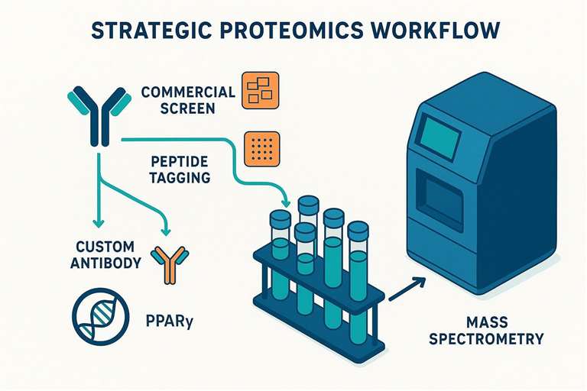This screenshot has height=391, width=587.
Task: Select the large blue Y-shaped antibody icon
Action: (x=99, y=115)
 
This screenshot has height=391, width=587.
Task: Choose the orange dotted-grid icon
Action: (x=258, y=149)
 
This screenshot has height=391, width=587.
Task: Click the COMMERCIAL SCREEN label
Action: (x=188, y=100)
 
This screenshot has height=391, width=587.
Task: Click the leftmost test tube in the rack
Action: (x=280, y=256)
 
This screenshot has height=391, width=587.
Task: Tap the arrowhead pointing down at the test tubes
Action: (x=286, y=202)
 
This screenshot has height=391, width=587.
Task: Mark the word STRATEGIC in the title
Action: (x=147, y=31)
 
